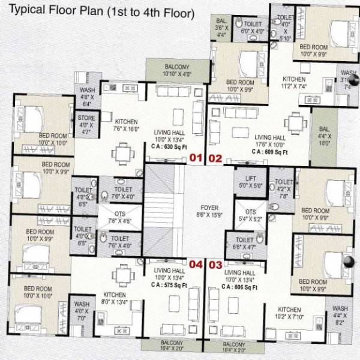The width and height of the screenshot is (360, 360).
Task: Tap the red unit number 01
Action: point(196,159)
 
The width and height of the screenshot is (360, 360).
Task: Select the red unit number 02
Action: point(215,159)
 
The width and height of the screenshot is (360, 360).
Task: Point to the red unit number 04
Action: point(196,264)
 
